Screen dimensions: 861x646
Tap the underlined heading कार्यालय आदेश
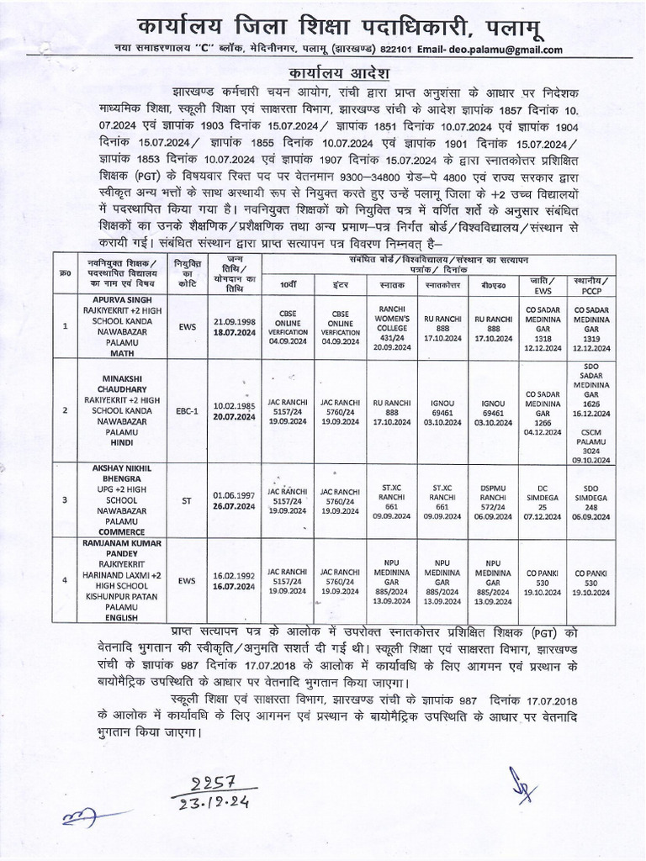pyautogui.click(x=323, y=72)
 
